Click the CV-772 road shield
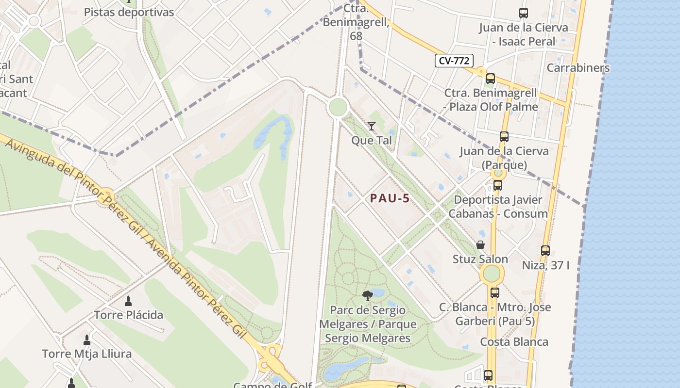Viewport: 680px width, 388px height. pyautogui.click(x=454, y=61)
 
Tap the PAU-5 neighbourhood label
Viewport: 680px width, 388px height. pyautogui.click(x=390, y=198)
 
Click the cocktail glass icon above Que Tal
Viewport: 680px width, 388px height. pyautogui.click(x=372, y=126)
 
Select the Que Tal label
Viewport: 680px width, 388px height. pyautogui.click(x=372, y=141)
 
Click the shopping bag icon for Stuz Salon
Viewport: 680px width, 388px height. pyautogui.click(x=480, y=245)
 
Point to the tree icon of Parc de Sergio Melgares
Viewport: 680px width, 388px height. pyautogui.click(x=368, y=295)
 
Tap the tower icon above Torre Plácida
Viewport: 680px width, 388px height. pyautogui.click(x=128, y=301)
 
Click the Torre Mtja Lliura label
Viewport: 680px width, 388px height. pyautogui.click(x=87, y=354)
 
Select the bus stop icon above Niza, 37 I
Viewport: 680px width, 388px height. pyautogui.click(x=545, y=251)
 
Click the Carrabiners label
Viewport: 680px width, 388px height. pyautogui.click(x=578, y=68)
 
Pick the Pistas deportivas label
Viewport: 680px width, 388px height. pyautogui.click(x=129, y=12)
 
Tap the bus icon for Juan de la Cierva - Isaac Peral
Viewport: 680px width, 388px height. pyautogui.click(x=523, y=13)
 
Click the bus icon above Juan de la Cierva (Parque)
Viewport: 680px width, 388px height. pyautogui.click(x=504, y=137)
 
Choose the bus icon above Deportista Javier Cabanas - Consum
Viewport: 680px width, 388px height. pyautogui.click(x=498, y=185)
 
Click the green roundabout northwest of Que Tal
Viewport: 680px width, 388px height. pyautogui.click(x=338, y=107)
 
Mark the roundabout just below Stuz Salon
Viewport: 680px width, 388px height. pyautogui.click(x=492, y=274)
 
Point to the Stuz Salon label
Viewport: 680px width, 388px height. pyautogui.click(x=480, y=259)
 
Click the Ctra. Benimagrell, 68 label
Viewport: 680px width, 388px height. pyautogui.click(x=356, y=22)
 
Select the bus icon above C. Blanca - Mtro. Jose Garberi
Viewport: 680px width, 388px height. pyautogui.click(x=495, y=293)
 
